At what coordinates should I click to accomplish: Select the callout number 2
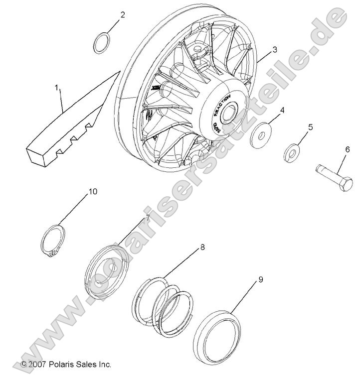(123, 14)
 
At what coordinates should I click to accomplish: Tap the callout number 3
(274, 50)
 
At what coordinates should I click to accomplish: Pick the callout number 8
(202, 247)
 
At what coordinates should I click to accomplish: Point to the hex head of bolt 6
(345, 184)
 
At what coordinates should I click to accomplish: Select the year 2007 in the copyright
(38, 365)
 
